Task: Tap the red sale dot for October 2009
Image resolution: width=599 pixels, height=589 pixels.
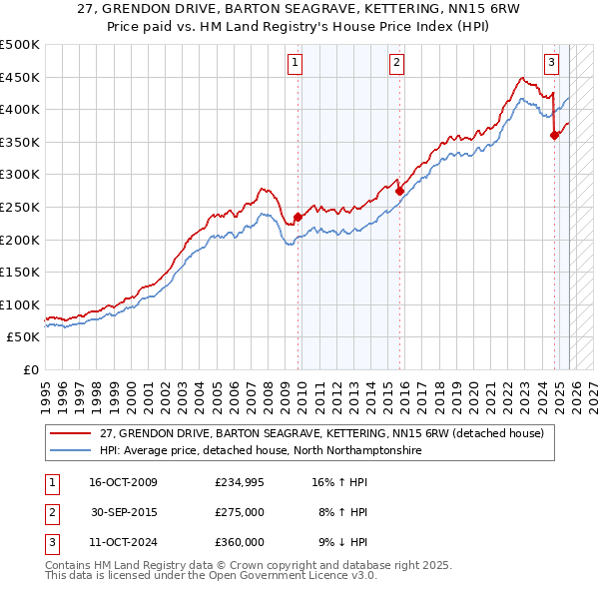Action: click(x=298, y=217)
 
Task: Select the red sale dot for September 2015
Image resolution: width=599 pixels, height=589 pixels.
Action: click(x=399, y=191)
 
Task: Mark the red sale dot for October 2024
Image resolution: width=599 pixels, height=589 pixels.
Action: click(x=554, y=136)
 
